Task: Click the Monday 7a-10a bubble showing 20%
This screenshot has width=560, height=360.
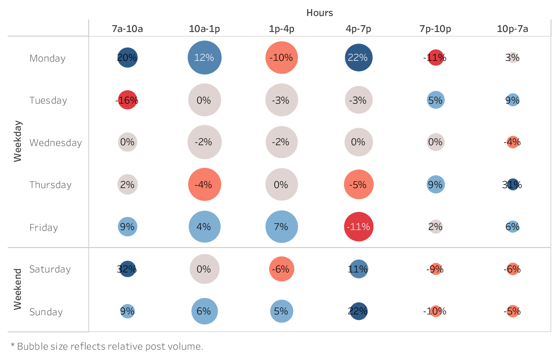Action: click(x=127, y=58)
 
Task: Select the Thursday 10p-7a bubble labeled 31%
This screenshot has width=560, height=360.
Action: click(x=512, y=184)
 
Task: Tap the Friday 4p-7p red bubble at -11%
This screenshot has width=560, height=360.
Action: click(x=358, y=227)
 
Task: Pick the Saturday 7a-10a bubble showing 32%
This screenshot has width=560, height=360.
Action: click(x=127, y=269)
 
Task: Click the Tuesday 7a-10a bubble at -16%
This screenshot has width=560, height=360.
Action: click(x=127, y=100)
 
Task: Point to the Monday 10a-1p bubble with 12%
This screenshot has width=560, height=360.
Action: click(x=204, y=58)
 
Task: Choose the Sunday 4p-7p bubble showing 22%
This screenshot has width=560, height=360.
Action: click(x=358, y=311)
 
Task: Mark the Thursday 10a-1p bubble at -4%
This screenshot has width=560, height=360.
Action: click(x=204, y=184)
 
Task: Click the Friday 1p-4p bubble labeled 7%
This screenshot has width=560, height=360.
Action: click(x=282, y=227)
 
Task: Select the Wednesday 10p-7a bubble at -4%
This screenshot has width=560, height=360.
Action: click(x=512, y=142)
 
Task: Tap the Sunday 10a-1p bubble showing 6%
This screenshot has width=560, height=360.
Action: click(x=204, y=311)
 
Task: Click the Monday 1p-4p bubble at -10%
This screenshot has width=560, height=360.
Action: click(x=282, y=58)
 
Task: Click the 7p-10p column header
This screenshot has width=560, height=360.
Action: click(x=435, y=29)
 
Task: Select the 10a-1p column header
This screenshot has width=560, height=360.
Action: click(x=204, y=29)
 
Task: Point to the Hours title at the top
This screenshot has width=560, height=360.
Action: click(x=320, y=13)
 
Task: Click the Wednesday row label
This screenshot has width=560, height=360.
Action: click(x=56, y=143)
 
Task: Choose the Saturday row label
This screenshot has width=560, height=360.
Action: click(x=50, y=269)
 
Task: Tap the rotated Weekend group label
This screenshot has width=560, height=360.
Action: click(x=18, y=289)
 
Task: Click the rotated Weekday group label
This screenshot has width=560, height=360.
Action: click(x=18, y=141)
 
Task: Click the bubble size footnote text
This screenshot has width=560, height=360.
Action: click(x=107, y=346)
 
